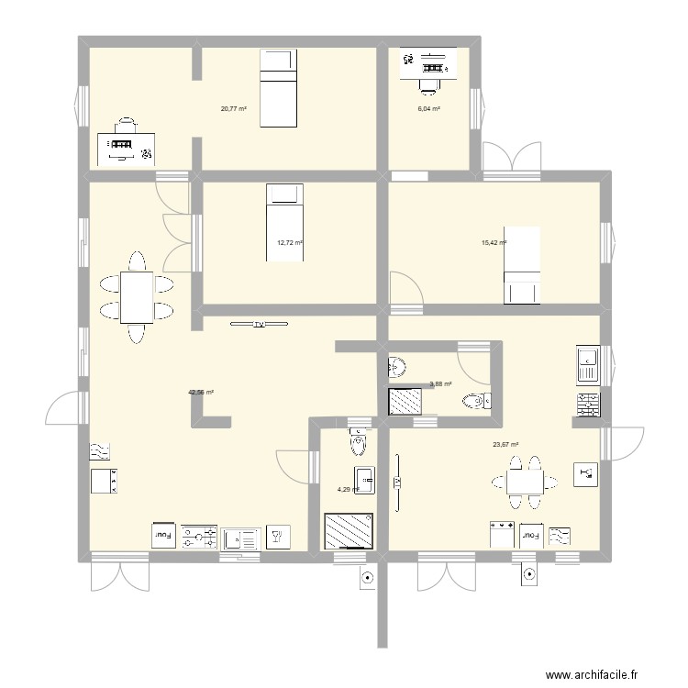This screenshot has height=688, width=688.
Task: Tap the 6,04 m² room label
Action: point(428,108)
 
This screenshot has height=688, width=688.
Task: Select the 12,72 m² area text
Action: point(290,243)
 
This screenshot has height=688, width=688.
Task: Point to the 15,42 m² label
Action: point(494,243)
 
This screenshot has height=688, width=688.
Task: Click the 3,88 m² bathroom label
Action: point(440,384)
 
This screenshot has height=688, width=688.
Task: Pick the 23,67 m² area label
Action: point(505,445)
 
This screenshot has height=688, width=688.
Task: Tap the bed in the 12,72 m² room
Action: point(283,223)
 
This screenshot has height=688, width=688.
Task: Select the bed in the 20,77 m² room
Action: point(278,89)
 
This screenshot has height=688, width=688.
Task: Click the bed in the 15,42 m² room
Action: point(523,265)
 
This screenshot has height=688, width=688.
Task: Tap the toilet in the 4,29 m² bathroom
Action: point(357,443)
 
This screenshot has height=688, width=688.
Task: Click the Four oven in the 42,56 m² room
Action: point(163,534)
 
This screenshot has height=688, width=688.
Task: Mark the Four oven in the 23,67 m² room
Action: point(530,535)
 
